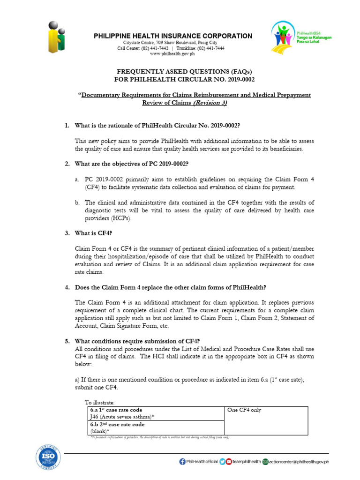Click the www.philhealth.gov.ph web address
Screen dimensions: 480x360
(173, 54)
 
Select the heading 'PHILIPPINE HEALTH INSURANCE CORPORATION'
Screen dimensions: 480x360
(173, 36)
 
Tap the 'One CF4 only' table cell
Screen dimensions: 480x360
(243, 410)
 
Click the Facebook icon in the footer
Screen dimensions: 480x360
(182, 461)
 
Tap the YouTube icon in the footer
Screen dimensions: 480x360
(229, 461)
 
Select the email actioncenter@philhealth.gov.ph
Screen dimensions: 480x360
(299, 461)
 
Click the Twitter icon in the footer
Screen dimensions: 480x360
(222, 461)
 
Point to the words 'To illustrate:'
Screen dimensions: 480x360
(99, 402)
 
